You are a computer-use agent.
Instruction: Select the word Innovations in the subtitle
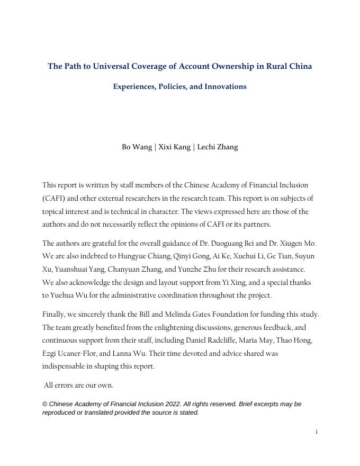click(x=226, y=86)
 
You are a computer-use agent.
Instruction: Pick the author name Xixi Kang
click(x=174, y=147)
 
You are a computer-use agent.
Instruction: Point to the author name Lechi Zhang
click(x=218, y=147)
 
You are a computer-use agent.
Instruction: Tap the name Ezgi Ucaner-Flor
click(x=69, y=353)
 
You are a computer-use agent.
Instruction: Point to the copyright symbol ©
click(x=45, y=404)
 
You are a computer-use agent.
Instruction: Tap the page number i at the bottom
click(x=317, y=432)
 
